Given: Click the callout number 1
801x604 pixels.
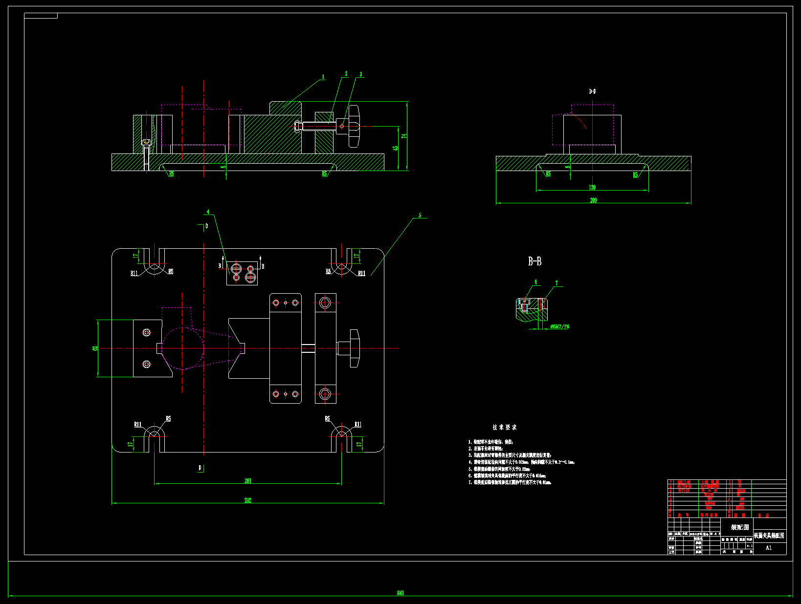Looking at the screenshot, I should point(323,77).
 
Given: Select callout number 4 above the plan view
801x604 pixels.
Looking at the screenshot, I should point(208,212).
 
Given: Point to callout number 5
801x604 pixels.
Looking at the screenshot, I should point(420,216).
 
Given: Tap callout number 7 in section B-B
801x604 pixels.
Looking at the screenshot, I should point(556,283).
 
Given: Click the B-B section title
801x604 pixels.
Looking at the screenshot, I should point(534,261).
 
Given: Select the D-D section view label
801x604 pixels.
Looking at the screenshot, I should point(592,91).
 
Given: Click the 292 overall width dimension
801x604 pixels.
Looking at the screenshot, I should point(248,500).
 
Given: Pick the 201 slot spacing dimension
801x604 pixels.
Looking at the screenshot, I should point(248,481).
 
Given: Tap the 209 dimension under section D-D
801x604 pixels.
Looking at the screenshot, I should point(593,200).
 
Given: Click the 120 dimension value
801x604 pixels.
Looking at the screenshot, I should point(592,187).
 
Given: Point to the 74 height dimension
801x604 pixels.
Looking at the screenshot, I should point(404,136).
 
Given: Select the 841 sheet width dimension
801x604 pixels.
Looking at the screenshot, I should point(400,593).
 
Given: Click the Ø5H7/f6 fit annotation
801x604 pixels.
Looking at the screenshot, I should point(559,326).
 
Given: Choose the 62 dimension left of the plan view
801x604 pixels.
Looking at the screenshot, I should point(95,348).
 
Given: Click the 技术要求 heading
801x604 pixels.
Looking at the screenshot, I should point(504,427).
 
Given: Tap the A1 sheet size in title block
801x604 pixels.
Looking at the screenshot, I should point(769,548).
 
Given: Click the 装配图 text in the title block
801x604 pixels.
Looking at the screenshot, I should point(739,527).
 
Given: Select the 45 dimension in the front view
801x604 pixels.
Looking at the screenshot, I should point(396,148).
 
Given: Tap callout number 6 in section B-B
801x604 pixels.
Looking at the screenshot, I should point(536,282).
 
